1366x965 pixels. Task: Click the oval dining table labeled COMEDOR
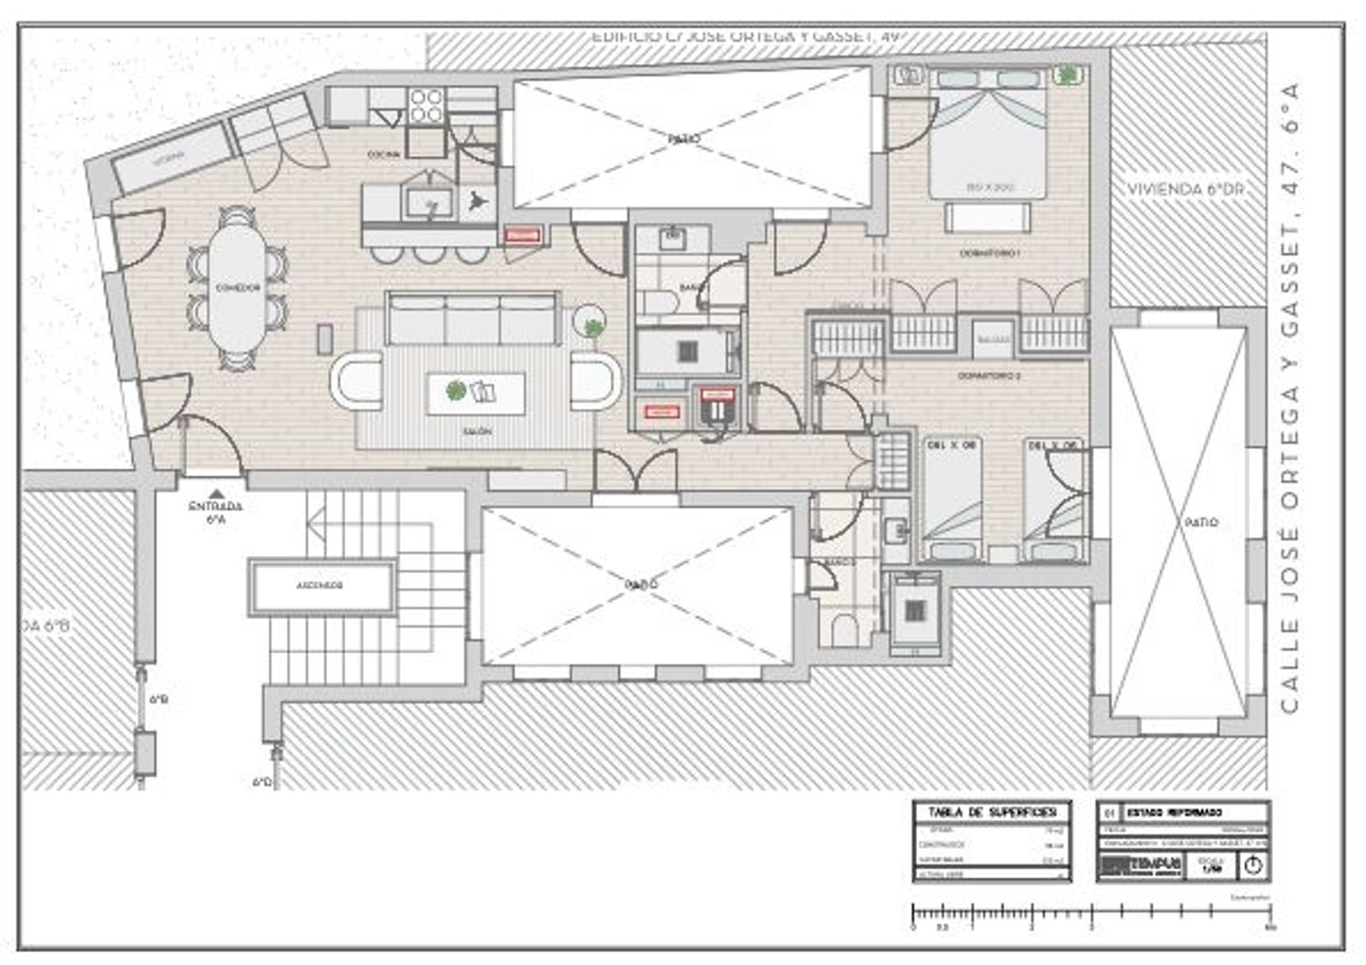(238, 287)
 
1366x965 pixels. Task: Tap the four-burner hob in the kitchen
(425, 106)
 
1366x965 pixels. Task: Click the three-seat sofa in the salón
(473, 319)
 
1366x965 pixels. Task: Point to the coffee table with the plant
(475, 393)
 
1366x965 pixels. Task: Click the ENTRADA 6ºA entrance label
(215, 512)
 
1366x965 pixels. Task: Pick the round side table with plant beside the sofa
(593, 324)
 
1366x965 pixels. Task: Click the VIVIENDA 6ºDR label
(1185, 190)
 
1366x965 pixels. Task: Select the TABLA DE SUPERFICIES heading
(992, 812)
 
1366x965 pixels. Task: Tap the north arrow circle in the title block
(1252, 866)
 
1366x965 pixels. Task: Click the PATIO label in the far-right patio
(1201, 523)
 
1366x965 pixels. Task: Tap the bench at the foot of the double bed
(988, 218)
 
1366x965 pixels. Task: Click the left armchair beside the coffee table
(357, 381)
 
